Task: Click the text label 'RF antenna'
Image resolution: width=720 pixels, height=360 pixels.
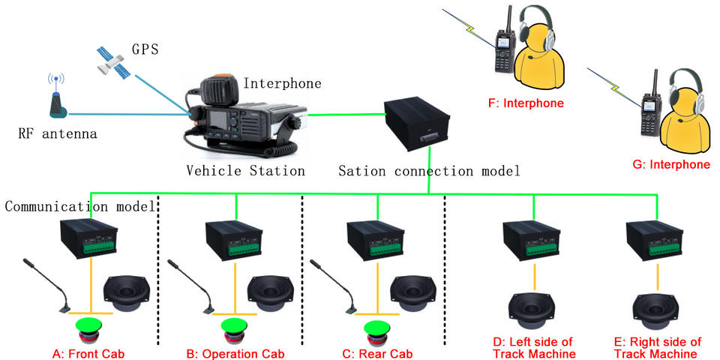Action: [x=58, y=134]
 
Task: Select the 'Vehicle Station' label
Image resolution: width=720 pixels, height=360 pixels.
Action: [x=246, y=171]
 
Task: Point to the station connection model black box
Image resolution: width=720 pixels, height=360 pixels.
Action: [x=416, y=124]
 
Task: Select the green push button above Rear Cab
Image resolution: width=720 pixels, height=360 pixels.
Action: [x=378, y=329]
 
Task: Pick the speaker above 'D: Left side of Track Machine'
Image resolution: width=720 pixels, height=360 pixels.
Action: [x=533, y=312]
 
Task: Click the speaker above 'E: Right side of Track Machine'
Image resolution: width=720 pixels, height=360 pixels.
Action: [x=657, y=312]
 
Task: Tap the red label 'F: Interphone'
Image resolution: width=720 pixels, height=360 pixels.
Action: [x=526, y=103]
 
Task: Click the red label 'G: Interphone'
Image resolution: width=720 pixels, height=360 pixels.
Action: [x=671, y=165]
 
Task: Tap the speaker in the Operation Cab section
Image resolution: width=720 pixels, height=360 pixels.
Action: [x=271, y=294]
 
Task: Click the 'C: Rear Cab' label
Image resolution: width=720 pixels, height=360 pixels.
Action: [x=377, y=354]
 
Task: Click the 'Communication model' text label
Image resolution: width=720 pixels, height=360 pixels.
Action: [x=78, y=206]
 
